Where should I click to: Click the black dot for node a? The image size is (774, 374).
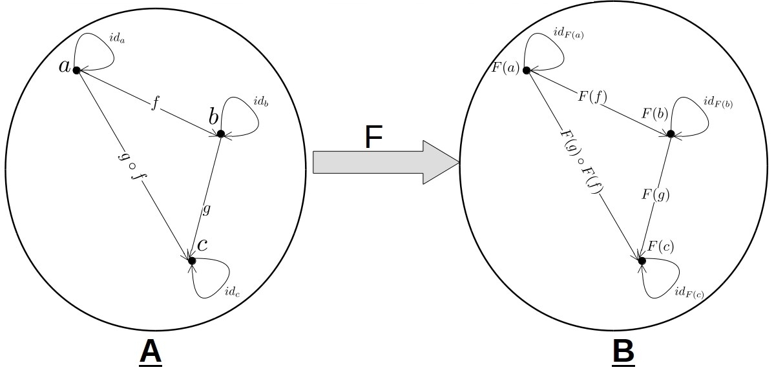click(x=76, y=70)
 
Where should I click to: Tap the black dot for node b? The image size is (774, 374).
click(x=220, y=134)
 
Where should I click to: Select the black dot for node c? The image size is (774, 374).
click(x=191, y=260)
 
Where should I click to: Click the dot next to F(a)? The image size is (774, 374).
click(x=527, y=70)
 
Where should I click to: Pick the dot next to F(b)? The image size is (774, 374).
click(x=671, y=134)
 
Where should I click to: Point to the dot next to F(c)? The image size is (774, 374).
click(x=642, y=260)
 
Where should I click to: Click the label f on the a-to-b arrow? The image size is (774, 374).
click(x=155, y=105)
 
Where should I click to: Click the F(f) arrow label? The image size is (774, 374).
click(x=592, y=97)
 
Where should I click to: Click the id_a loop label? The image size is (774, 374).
click(x=117, y=39)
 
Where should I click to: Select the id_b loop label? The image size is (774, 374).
click(x=261, y=102)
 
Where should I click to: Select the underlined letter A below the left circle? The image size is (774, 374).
click(x=150, y=353)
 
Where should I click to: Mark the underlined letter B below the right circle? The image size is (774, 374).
click(x=623, y=353)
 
